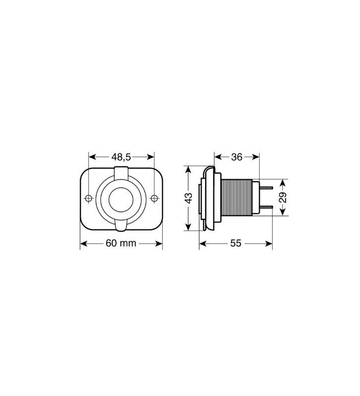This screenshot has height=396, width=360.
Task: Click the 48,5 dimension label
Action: click(x=121, y=157)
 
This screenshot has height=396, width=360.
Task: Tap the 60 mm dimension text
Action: click(x=121, y=244)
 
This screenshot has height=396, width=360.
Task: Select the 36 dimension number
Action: click(x=236, y=157)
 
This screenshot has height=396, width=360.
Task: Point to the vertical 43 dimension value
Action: click(x=188, y=198)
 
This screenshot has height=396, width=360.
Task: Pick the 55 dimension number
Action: click(x=235, y=244)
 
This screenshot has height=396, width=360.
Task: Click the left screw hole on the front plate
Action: click(x=89, y=198)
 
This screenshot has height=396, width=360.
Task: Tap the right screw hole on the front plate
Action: click(x=154, y=198)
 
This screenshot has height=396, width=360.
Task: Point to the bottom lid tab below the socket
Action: click(x=121, y=226)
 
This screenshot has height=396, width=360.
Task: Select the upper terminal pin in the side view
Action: click(x=266, y=188)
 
